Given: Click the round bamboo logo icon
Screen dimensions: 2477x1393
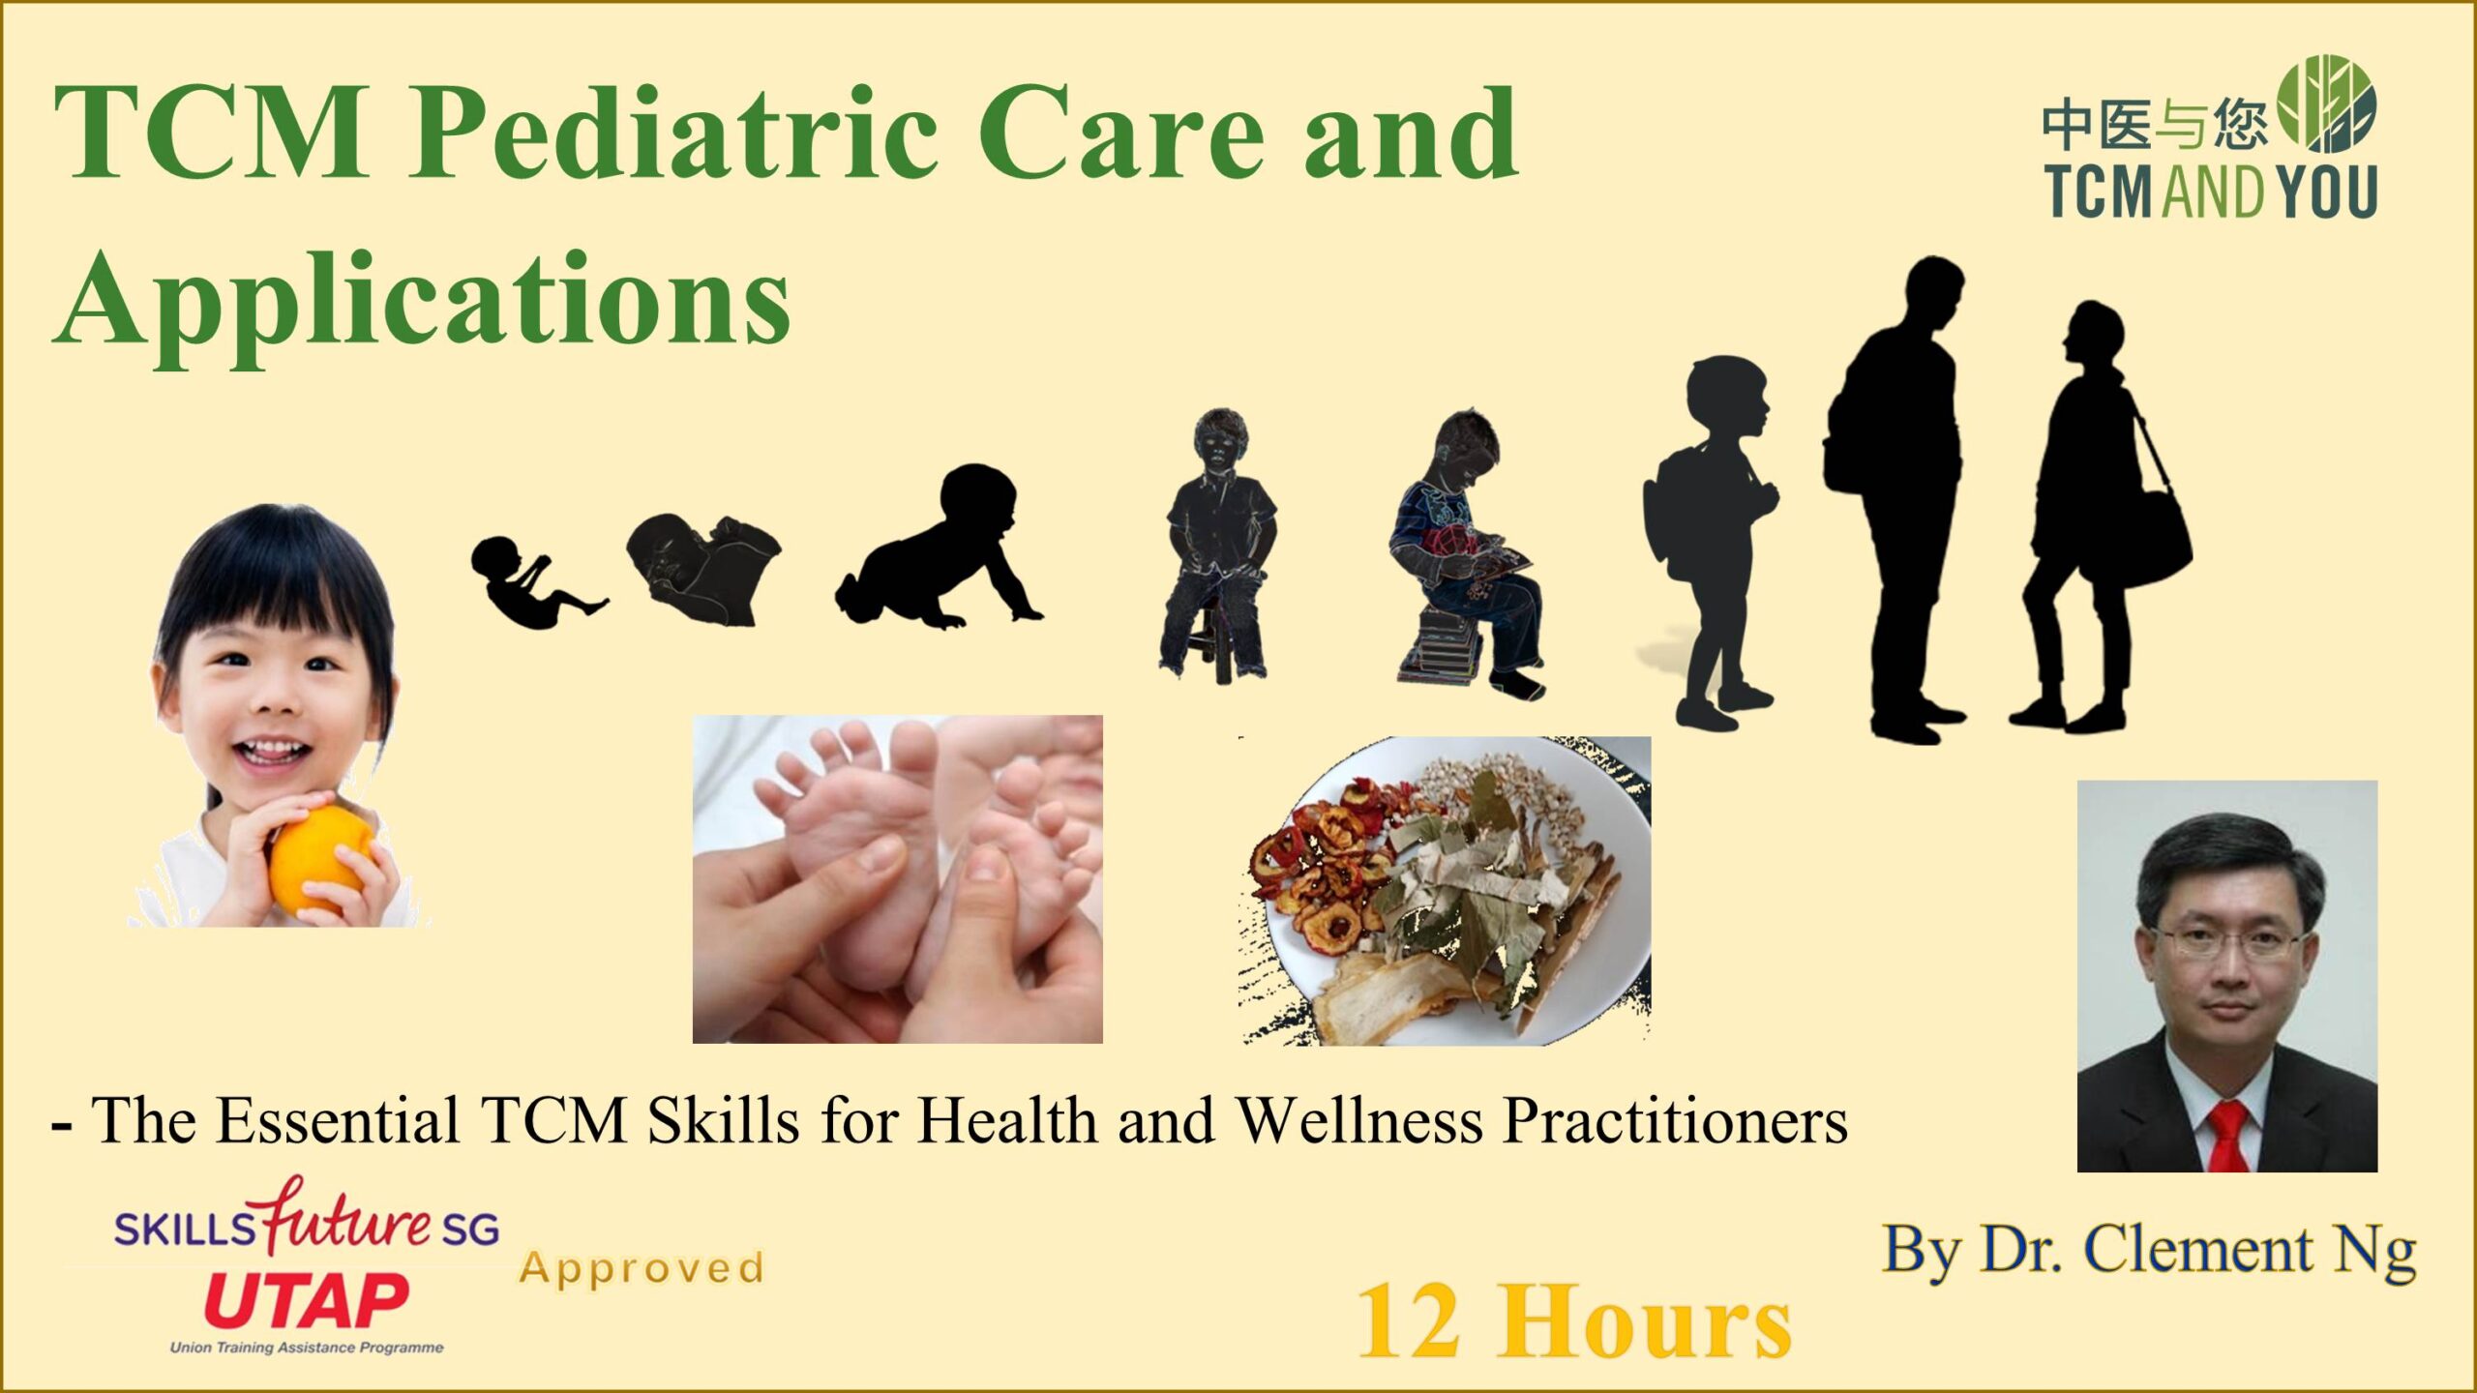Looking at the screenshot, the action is (x=2326, y=104).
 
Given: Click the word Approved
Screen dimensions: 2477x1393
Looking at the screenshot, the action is (x=642, y=1268).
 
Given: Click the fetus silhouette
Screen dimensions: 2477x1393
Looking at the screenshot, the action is (x=536, y=581).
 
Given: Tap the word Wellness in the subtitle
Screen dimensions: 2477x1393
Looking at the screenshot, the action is (x=1359, y=1121).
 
